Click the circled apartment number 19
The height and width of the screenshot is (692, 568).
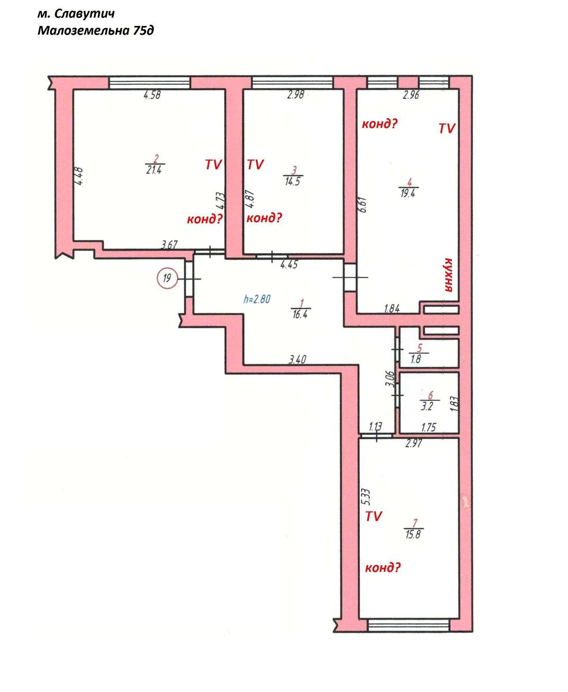pyautogui.click(x=167, y=279)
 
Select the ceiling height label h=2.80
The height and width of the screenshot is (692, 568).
pyautogui.click(x=257, y=299)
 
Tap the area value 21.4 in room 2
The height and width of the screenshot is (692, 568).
pyautogui.click(x=154, y=170)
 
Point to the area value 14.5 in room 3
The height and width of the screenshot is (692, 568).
pyautogui.click(x=292, y=182)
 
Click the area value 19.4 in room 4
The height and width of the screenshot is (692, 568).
pyautogui.click(x=408, y=193)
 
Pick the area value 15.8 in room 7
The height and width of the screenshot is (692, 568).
pyautogui.click(x=413, y=535)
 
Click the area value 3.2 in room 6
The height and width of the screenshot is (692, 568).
pyautogui.click(x=427, y=407)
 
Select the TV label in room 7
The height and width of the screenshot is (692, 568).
pyautogui.click(x=374, y=516)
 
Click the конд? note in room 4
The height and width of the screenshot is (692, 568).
pyautogui.click(x=379, y=124)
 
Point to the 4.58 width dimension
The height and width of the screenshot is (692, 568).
pyautogui.click(x=152, y=95)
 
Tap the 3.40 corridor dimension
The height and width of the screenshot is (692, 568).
pyautogui.click(x=298, y=359)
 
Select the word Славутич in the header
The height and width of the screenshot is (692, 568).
pyautogui.click(x=84, y=14)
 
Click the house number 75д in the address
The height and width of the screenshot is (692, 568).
pyautogui.click(x=144, y=30)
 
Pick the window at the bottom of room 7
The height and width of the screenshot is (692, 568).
pyautogui.click(x=408, y=625)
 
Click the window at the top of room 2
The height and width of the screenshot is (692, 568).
pyautogui.click(x=149, y=82)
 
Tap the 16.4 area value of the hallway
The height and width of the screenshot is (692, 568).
pyautogui.click(x=300, y=314)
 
